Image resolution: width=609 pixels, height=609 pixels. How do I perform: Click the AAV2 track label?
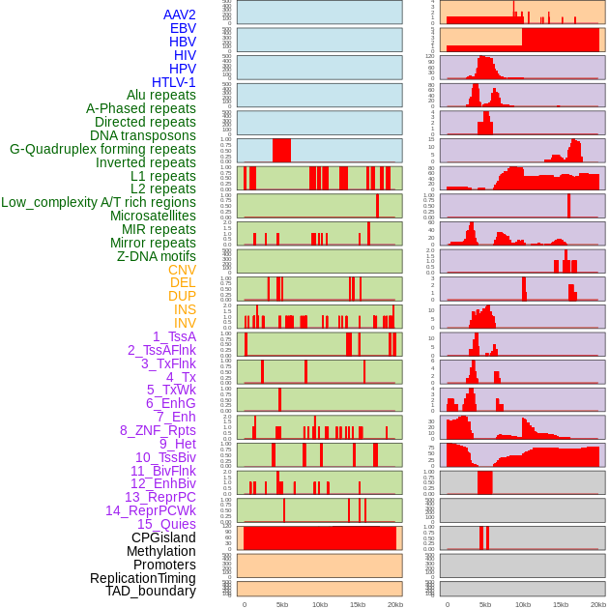click(x=180, y=14)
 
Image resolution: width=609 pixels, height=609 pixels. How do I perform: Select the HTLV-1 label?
click(x=174, y=82)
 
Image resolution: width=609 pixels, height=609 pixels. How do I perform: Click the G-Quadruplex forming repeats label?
click(x=102, y=150)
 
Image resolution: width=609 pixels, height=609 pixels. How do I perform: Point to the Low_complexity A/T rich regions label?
click(x=99, y=202)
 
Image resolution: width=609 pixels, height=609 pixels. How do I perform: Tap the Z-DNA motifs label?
click(x=157, y=256)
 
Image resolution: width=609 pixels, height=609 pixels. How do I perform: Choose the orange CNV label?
click(x=182, y=270)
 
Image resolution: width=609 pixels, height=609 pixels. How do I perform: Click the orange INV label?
click(x=185, y=323)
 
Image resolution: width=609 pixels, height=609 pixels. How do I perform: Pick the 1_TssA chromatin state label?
click(x=174, y=336)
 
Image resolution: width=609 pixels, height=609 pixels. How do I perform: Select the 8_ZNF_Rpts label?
click(x=158, y=430)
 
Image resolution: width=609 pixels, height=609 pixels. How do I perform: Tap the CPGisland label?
click(x=163, y=537)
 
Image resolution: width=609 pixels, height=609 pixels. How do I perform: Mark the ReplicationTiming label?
click(x=143, y=578)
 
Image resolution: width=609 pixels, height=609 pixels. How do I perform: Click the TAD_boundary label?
click(x=151, y=591)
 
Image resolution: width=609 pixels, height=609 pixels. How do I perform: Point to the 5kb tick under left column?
click(x=282, y=604)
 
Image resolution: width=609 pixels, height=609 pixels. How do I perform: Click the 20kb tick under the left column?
click(x=394, y=604)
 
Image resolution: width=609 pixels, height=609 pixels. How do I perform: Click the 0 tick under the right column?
click(x=447, y=604)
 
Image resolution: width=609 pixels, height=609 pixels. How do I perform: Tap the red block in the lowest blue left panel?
click(x=281, y=151)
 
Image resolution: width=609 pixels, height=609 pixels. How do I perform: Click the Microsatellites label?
click(x=153, y=216)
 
